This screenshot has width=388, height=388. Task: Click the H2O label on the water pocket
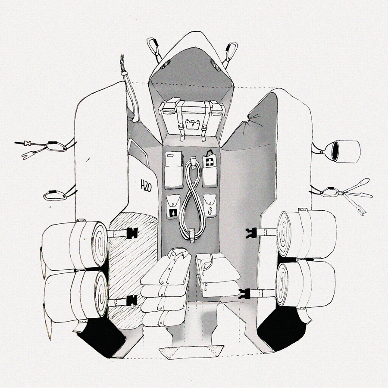(146, 186)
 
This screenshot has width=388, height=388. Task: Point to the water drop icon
(172, 212)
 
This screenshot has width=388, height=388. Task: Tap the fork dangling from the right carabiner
(355, 205)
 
